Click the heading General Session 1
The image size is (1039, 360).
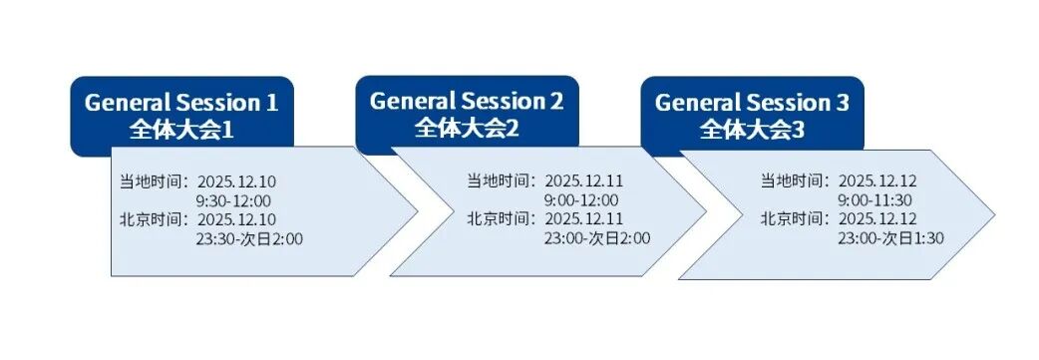click(x=181, y=102)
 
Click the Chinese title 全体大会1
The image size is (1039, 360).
click(x=181, y=128)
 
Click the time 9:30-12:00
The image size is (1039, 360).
click(x=232, y=199)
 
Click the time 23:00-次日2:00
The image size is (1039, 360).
click(x=596, y=238)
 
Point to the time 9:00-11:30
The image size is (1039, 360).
click(x=874, y=199)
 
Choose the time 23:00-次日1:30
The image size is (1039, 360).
click(x=890, y=238)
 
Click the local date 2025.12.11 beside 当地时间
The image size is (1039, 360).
click(x=583, y=181)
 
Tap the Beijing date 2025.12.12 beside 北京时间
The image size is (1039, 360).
click(x=877, y=219)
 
